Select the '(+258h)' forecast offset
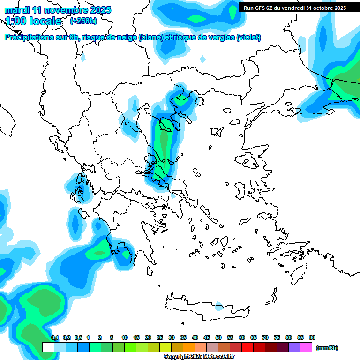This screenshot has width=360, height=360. coord(84,21)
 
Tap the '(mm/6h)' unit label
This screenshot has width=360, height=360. coord(327,348)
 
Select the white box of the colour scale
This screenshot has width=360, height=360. coord(48,347)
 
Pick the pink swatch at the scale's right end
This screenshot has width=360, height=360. coord(307,347)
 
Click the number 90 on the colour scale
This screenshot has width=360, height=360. coord(312,337)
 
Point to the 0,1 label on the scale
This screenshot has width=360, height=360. coord(55,337)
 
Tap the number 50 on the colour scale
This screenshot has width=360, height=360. coord(218,337)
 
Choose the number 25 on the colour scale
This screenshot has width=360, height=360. coord(160,337)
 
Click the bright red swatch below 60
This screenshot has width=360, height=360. coord(247,347)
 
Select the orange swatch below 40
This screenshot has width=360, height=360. coord(189,347)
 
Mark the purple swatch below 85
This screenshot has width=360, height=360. coord(295,347)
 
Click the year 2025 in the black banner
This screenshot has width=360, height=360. coord(337,7)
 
